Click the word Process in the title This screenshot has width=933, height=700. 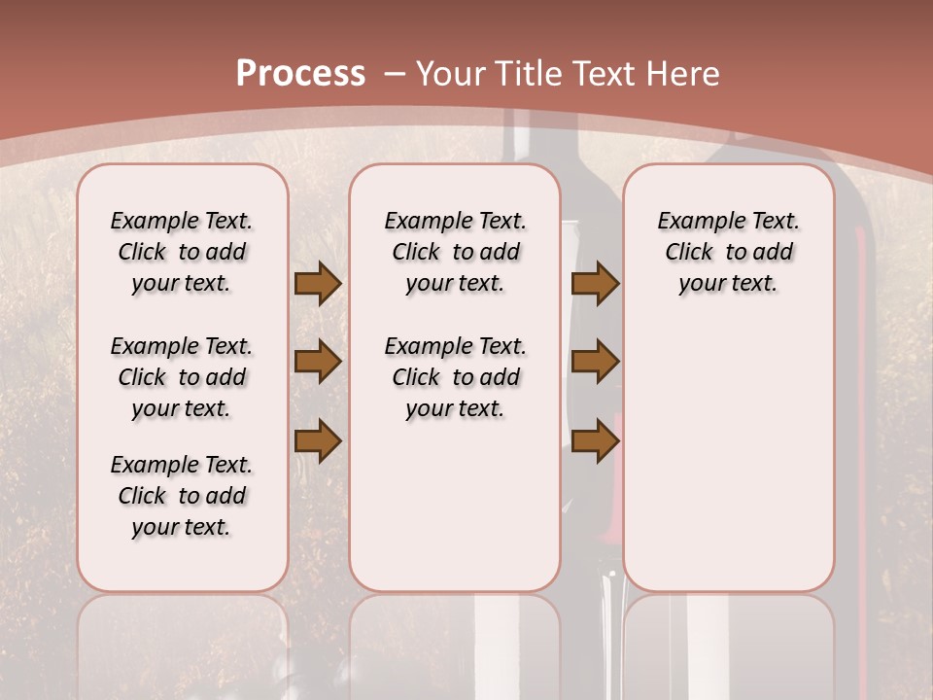pyautogui.click(x=300, y=74)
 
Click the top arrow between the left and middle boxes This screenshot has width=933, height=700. pyautogui.click(x=318, y=283)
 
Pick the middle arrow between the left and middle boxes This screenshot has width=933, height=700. pyautogui.click(x=318, y=362)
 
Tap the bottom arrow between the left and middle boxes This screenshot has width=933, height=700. pyautogui.click(x=318, y=440)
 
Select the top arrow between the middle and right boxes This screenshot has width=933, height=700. pyautogui.click(x=595, y=283)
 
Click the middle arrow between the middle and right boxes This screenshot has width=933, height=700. pyautogui.click(x=595, y=362)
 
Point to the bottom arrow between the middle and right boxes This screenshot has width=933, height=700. pyautogui.click(x=595, y=440)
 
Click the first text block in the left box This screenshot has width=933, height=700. pyautogui.click(x=182, y=252)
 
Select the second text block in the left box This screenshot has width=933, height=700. pyautogui.click(x=182, y=377)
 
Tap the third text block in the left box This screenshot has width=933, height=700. pyautogui.click(x=182, y=496)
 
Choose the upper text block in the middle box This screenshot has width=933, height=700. pyautogui.click(x=455, y=252)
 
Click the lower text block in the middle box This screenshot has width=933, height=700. pyautogui.click(x=455, y=377)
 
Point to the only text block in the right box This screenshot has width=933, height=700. pyautogui.click(x=728, y=252)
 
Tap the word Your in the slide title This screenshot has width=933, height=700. pyautogui.click(x=451, y=74)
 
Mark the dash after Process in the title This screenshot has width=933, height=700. pyautogui.click(x=395, y=74)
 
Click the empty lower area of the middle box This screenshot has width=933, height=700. pyautogui.click(x=455, y=506)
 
